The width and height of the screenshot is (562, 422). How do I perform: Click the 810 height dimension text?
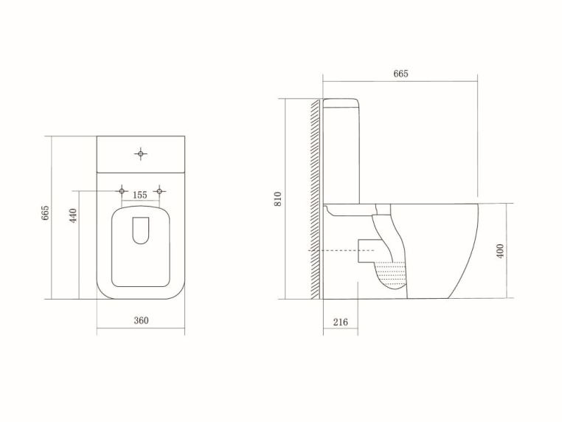click(278, 198)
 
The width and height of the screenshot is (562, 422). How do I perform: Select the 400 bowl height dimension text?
click(499, 251)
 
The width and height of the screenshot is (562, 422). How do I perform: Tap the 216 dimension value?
click(340, 322)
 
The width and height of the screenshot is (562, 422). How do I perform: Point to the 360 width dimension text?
click(141, 320)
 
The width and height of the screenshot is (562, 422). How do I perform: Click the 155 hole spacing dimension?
click(140, 195)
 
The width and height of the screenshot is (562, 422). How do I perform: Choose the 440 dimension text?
click(73, 217)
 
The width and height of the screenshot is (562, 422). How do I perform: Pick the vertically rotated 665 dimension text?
click(45, 215)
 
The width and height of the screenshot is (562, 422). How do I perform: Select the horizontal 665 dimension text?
click(400, 74)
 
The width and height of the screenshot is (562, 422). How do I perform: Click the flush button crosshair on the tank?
click(141, 153)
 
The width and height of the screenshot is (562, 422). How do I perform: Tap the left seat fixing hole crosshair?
click(122, 190)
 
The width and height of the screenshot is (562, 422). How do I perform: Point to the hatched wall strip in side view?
click(316, 199)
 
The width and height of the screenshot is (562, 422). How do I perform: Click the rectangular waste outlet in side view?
click(367, 250)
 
